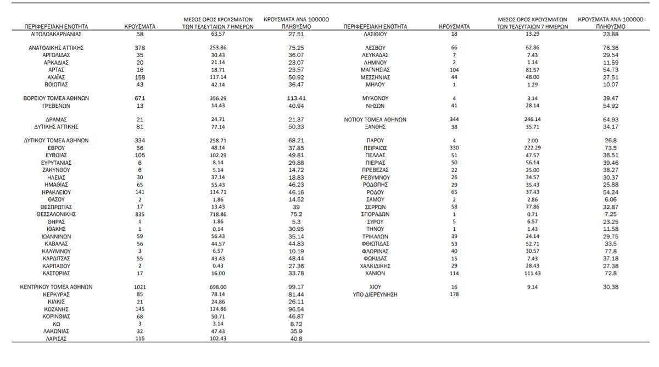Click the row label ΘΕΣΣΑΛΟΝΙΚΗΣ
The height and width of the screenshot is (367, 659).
56,214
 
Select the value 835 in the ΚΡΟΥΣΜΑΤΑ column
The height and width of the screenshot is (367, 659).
139,214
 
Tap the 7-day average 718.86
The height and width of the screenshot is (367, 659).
218,214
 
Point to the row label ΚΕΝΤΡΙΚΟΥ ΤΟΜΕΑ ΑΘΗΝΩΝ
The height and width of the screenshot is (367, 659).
56,287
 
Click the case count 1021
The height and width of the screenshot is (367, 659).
139,287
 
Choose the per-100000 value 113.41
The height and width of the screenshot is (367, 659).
296,98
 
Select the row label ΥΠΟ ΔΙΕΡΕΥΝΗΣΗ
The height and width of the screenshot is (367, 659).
375,294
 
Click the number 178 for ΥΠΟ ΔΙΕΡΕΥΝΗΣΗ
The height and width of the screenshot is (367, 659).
454,294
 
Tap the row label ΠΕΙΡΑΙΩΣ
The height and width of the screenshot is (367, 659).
375,148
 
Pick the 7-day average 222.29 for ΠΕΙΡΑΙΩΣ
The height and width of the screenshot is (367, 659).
532,148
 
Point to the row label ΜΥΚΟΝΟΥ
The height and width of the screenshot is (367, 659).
375,98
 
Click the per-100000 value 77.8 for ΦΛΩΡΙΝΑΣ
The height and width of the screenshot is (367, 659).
610,251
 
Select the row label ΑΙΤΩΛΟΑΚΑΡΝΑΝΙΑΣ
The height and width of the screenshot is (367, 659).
56,34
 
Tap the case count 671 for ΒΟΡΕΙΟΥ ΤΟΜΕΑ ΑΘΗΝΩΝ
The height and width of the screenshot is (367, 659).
139,98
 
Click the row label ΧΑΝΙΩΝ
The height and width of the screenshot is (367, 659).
375,273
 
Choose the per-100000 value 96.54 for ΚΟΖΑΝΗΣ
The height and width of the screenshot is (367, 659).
296,309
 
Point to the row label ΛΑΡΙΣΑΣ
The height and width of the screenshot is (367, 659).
56,339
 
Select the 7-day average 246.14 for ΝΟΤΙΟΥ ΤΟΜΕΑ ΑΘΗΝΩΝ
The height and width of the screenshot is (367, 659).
532,119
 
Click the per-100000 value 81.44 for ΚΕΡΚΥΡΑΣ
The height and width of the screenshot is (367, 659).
296,294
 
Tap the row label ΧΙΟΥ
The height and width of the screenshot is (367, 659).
375,287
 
